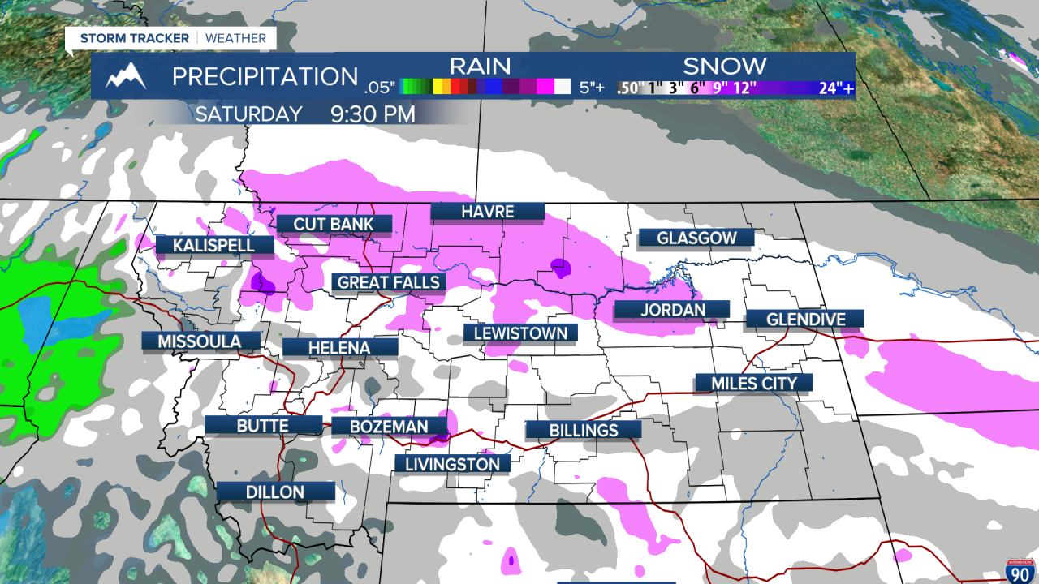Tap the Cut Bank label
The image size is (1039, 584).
[334, 224]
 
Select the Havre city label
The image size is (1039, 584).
[487, 212]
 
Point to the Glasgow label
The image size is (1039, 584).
[696, 238]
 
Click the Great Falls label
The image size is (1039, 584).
[389, 282]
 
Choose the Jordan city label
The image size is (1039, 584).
[671, 309]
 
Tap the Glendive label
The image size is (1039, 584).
[805, 319]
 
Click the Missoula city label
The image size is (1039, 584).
[200, 341]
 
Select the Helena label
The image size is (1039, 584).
[339, 348]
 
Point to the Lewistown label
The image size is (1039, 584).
[520, 333]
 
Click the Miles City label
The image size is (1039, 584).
[754, 383]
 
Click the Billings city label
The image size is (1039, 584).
[584, 430]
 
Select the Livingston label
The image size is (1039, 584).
[452, 464]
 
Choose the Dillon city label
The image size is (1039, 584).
[276, 492]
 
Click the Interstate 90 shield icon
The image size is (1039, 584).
[1020, 570]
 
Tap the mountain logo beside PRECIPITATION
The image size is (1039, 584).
[127, 76]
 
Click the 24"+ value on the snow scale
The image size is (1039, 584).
[836, 88]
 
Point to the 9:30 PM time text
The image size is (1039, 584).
[373, 114]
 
